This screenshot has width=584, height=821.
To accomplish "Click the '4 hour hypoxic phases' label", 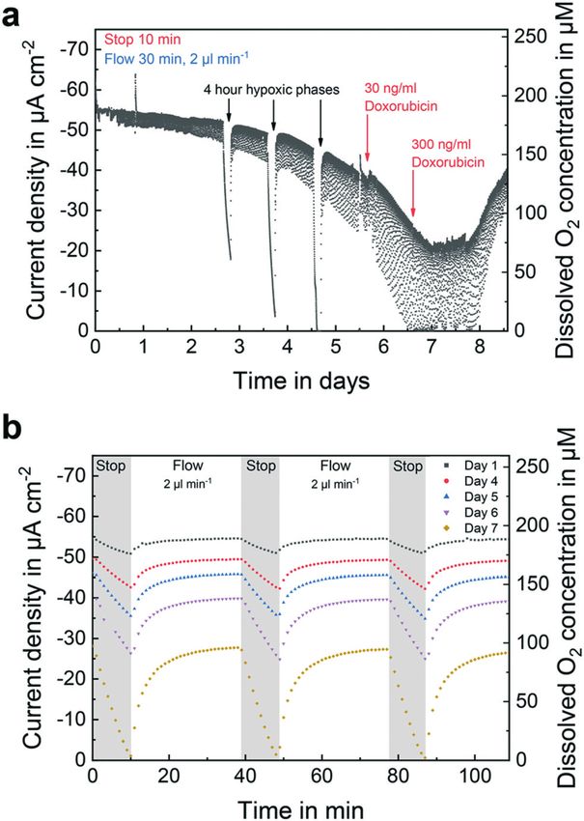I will [x=271, y=90].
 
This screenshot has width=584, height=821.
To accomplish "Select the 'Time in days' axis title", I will [x=299, y=381].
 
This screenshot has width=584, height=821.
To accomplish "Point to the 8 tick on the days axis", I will [x=478, y=346].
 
